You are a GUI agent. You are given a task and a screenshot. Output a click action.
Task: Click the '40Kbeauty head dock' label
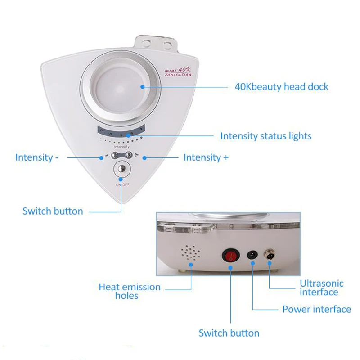282,86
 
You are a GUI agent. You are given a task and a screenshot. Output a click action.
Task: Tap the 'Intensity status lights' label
265,135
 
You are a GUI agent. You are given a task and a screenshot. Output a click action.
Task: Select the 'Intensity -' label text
36,157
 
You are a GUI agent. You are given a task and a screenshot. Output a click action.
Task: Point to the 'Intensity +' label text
206,157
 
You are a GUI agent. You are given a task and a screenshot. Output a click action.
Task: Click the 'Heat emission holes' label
130,291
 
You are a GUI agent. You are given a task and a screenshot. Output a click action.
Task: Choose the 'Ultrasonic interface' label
322,288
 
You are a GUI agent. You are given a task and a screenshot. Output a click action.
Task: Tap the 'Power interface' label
316,309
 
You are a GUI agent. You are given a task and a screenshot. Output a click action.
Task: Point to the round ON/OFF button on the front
121,170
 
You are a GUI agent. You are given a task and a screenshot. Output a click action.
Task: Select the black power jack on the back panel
252,256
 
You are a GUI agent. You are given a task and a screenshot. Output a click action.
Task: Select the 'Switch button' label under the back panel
229,333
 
